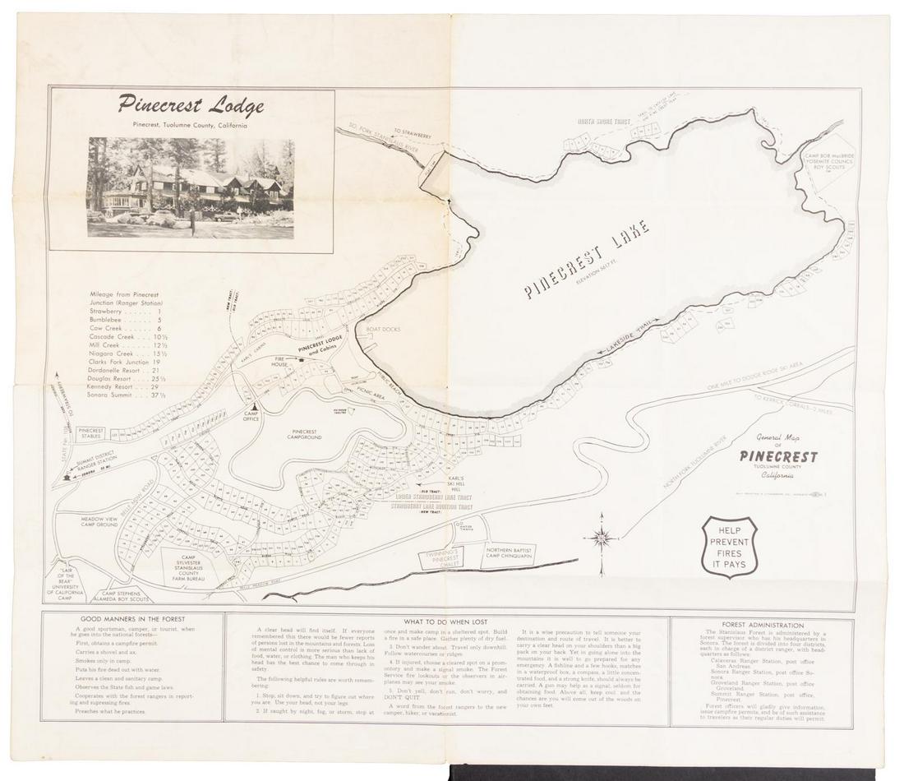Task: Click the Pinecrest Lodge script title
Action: [191, 105]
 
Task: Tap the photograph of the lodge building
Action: [191, 187]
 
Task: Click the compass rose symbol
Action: [602, 538]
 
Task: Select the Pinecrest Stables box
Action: [90, 433]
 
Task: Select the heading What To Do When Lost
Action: [445, 622]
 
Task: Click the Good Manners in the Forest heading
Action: [132, 619]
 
